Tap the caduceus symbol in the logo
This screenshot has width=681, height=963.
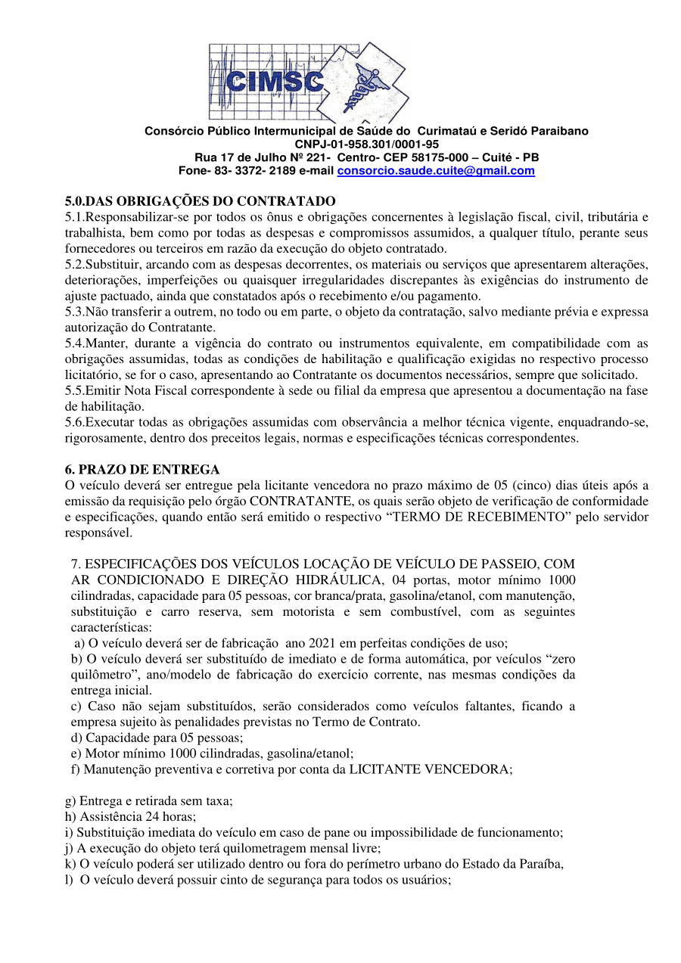[361, 83]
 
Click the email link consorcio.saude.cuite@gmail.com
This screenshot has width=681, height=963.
[435, 171]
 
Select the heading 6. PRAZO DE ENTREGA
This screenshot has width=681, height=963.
[142, 470]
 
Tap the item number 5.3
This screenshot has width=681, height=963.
[74, 312]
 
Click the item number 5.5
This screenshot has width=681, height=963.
[74, 390]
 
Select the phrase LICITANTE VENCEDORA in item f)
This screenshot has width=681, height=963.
[429, 769]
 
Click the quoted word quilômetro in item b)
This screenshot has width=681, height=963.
[96, 675]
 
